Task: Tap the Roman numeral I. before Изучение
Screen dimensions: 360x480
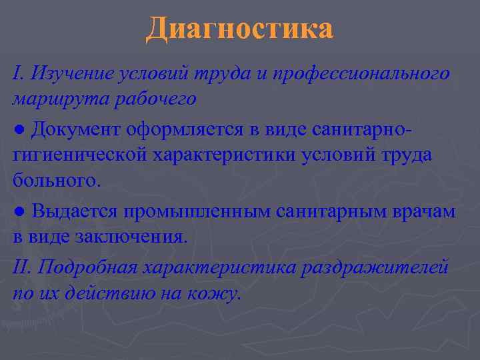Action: tap(18, 73)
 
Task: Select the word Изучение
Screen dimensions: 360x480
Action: tap(66, 73)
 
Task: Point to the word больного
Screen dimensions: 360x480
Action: tap(57, 181)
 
